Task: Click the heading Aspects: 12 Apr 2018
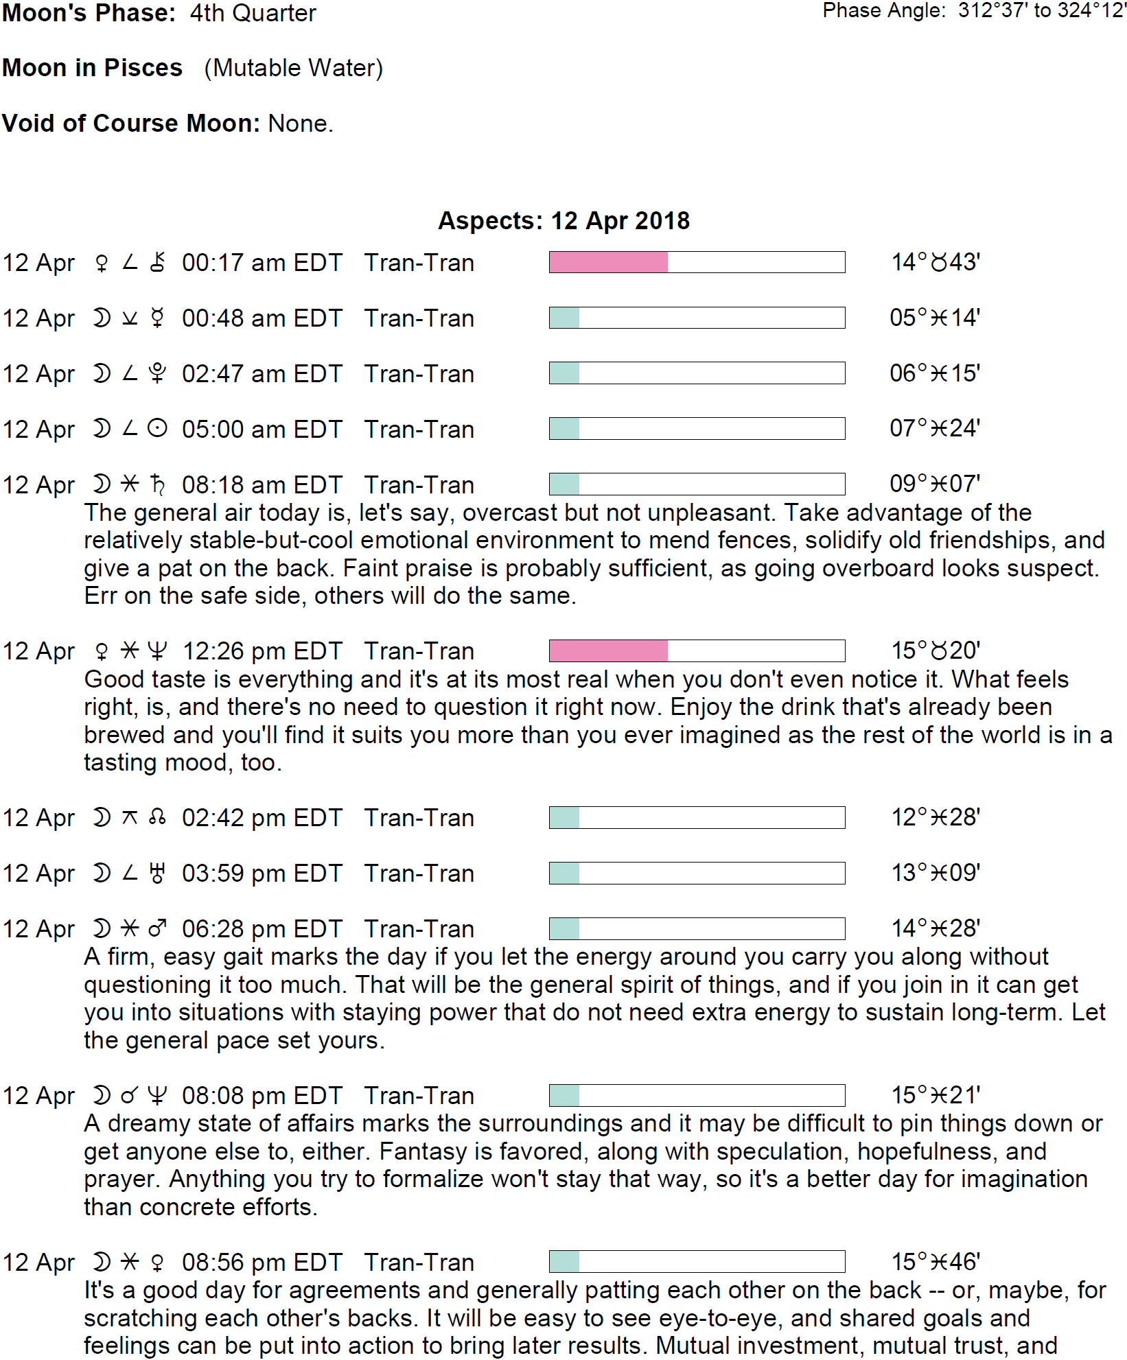563,221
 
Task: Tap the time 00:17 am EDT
262,263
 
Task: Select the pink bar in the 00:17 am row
608,262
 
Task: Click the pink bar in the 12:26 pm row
608,650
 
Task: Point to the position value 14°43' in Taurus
935,262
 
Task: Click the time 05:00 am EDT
262,430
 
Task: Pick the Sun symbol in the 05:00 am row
157,429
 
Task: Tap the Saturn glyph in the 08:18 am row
157,484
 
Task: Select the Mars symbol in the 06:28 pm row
157,928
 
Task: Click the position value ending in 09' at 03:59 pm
935,873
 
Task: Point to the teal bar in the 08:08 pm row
564,1095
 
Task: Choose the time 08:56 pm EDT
262,1262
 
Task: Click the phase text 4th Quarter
253,13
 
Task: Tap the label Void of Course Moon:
131,124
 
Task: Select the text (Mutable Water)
293,68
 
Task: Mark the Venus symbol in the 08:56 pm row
157,1262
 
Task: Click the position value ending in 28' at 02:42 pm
935,817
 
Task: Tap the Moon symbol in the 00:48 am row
102,318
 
